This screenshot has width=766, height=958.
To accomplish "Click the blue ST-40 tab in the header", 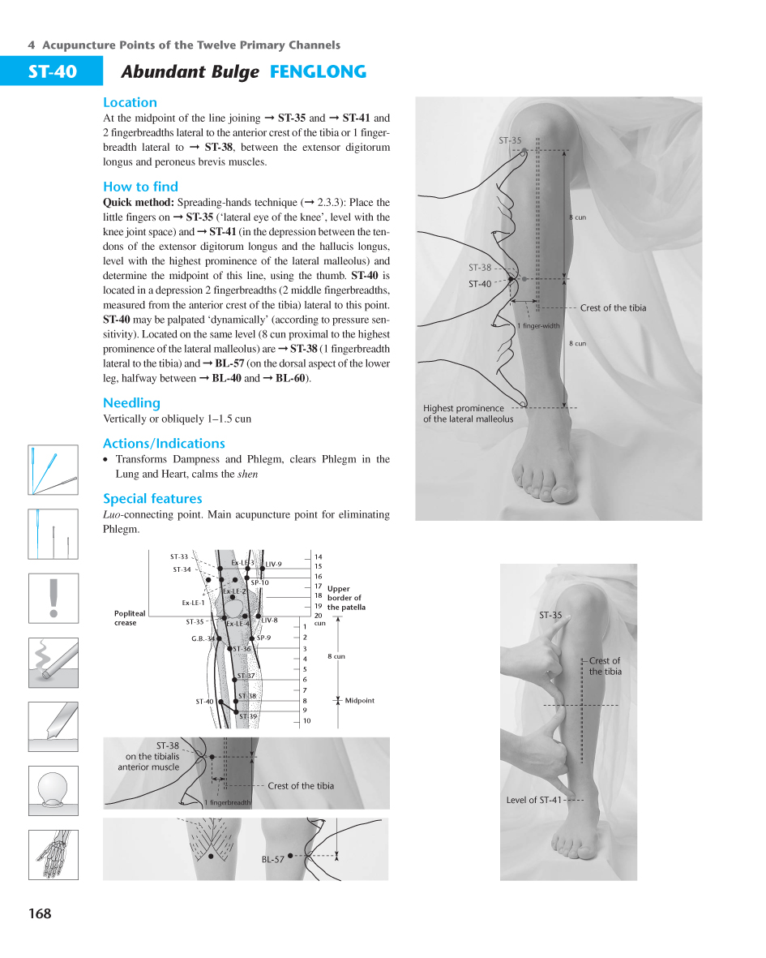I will pos(52,71).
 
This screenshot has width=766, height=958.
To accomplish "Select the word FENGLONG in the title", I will pos(318,72).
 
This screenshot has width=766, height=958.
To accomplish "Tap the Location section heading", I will pos(130,102).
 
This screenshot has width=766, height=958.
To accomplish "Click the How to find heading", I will pos(140,187).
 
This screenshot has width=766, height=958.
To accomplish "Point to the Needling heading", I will pos(131,403).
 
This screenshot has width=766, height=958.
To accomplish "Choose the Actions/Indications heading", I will pos(164,444).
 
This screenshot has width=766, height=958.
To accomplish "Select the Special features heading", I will pos(152,499).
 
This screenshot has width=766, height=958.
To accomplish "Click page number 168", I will pos(39,914).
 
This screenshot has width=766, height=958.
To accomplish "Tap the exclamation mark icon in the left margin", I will pos(53,598).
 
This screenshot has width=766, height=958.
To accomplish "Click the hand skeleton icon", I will pos(53,854).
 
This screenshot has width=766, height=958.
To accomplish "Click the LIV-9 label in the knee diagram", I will pos(273,565).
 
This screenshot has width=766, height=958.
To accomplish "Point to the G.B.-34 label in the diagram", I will pos(203,638).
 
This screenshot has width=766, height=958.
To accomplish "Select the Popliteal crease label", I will pos(130,618).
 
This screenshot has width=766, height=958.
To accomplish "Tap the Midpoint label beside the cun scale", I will pos(359,701).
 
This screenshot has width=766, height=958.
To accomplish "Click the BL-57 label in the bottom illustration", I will pos(272,859).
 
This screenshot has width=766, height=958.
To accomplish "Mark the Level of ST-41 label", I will pos(533,800).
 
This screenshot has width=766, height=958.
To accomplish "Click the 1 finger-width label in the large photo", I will pos(538,326).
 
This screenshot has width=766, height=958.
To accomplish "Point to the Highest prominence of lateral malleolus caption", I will pos(468,414).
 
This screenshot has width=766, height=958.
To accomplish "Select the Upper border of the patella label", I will pos(345,598).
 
